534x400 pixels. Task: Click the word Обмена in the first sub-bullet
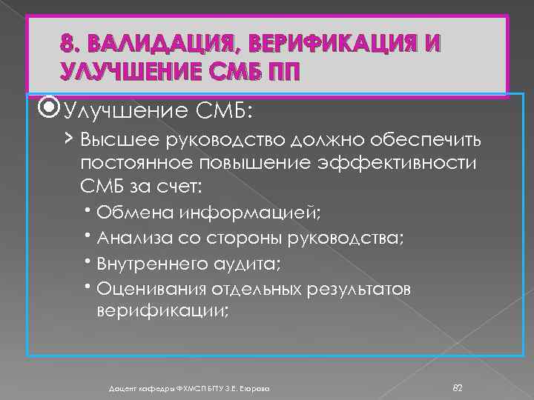[133, 213]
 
